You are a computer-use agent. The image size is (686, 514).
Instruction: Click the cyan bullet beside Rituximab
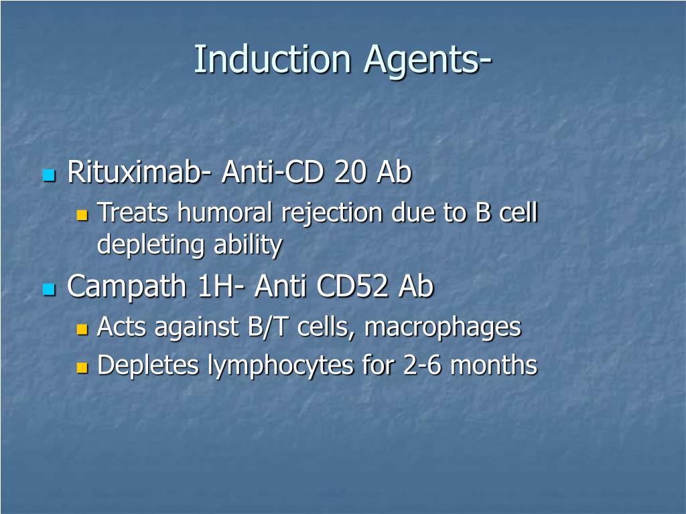click(x=48, y=176)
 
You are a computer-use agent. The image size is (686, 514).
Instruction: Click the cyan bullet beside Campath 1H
click(x=48, y=290)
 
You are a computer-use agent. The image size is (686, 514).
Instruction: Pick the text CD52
click(x=354, y=287)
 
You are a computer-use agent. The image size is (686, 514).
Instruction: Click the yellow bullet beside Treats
click(x=82, y=216)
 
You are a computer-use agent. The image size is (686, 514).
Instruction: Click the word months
click(x=494, y=365)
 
